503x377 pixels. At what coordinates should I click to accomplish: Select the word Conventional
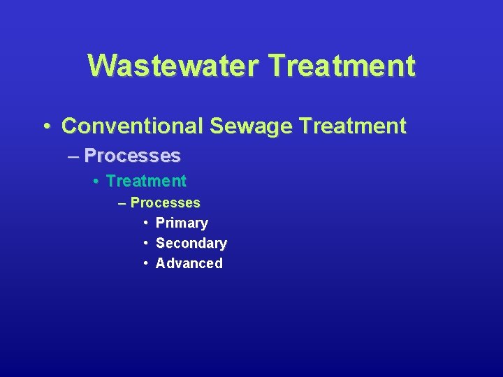(x=132, y=126)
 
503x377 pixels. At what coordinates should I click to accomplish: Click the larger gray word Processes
(x=132, y=155)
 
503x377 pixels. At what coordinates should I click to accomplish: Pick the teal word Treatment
(x=146, y=182)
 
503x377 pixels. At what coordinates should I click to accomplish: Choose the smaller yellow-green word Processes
(x=165, y=203)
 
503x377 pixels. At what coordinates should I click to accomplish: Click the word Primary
(x=182, y=223)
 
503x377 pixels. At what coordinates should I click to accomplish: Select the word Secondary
(x=191, y=244)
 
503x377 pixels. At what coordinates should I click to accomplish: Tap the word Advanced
(x=189, y=264)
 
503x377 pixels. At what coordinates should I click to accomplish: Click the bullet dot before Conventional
(x=46, y=127)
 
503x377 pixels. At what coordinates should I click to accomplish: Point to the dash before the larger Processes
(x=74, y=156)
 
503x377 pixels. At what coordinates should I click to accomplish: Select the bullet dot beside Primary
(x=145, y=223)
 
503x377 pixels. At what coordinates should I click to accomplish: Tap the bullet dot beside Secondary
(x=145, y=243)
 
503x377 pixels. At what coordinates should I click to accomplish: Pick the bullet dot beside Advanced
(x=145, y=263)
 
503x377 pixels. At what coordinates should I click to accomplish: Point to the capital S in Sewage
(x=215, y=126)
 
